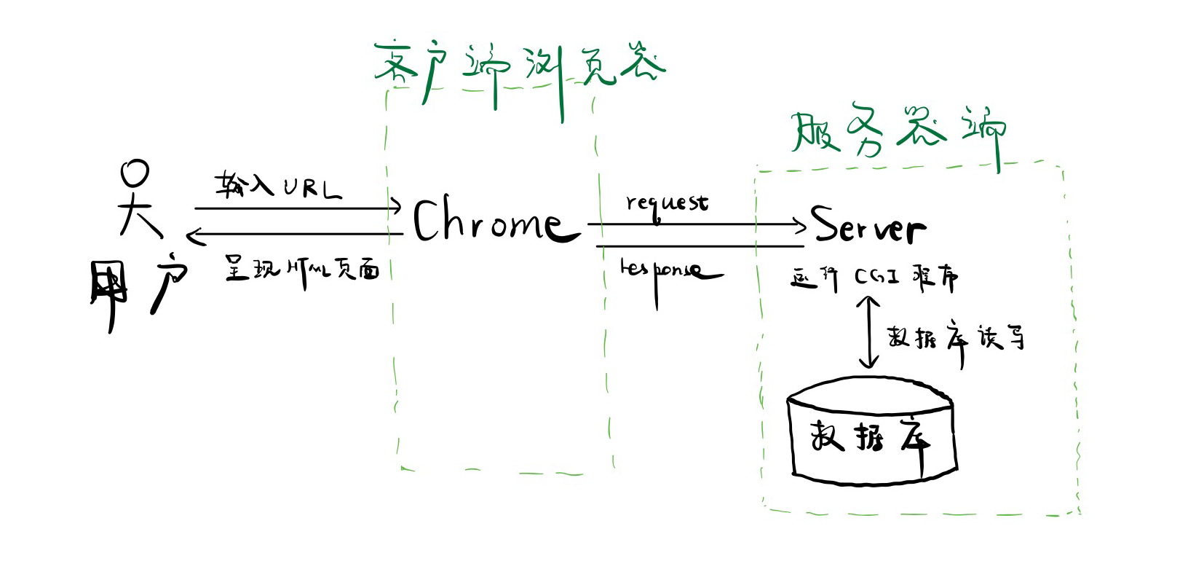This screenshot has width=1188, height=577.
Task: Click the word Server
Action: click(868, 225)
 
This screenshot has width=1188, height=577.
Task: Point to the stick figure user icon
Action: click(138, 200)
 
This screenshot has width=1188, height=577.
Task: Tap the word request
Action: click(666, 202)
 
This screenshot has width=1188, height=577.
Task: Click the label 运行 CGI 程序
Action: click(874, 278)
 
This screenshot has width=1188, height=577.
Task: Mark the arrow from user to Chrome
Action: click(298, 208)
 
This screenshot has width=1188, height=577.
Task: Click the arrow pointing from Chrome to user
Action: click(295, 235)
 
